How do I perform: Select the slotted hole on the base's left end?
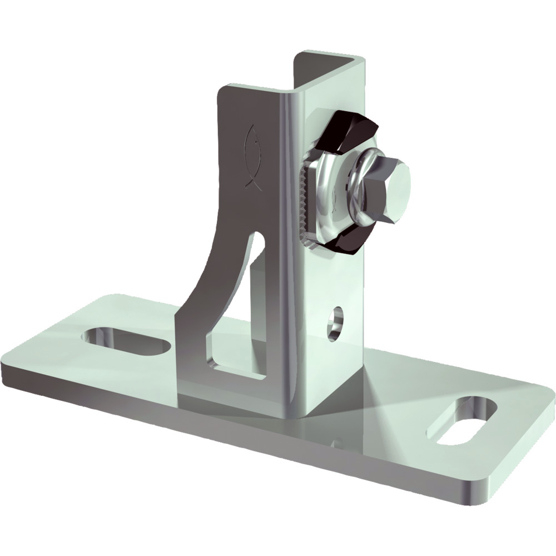pyautogui.click(x=125, y=339)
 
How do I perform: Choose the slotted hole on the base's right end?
pyautogui.click(x=466, y=421)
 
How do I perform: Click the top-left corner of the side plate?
pyautogui.click(x=222, y=89)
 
